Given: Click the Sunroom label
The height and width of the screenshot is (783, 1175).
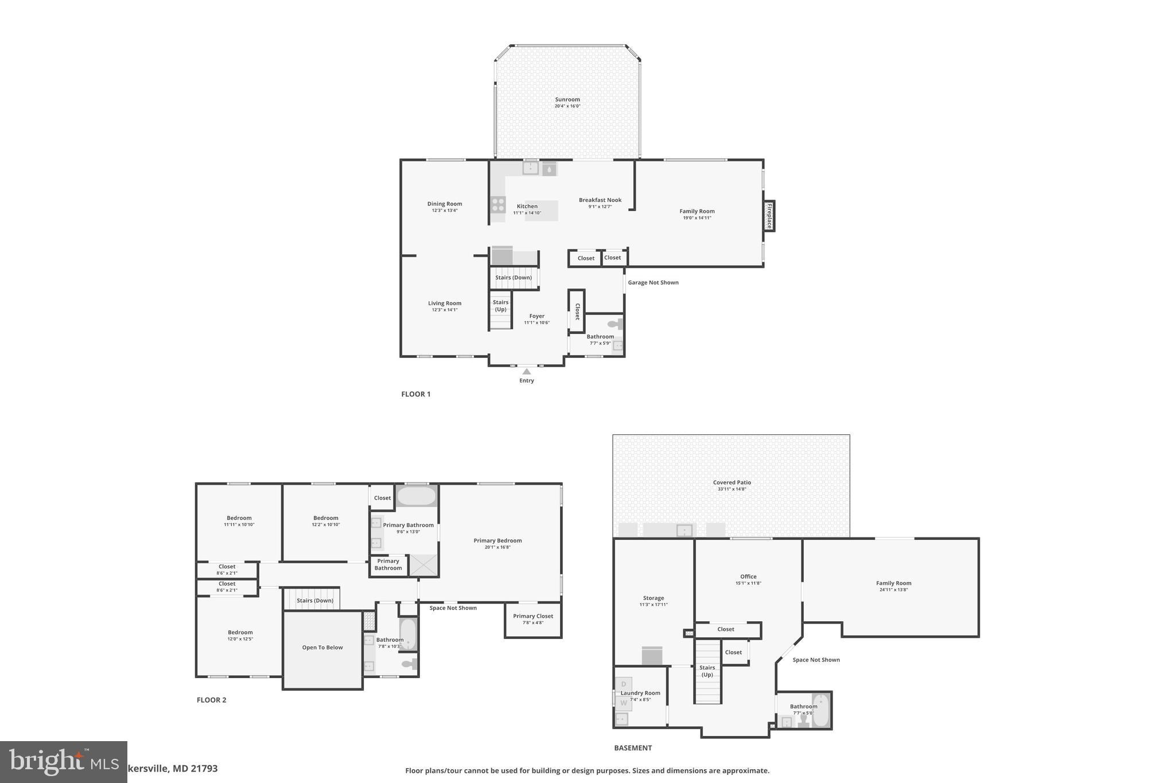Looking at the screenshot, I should (x=567, y=99).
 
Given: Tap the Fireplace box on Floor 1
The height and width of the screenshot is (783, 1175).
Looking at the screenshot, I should (x=769, y=216).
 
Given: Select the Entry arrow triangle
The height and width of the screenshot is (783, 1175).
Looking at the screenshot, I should (x=526, y=372).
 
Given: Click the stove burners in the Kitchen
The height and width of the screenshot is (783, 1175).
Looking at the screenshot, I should (x=498, y=205).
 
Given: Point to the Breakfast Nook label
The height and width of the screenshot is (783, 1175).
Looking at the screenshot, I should (x=600, y=200).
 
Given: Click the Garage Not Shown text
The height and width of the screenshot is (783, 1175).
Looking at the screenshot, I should (x=653, y=282).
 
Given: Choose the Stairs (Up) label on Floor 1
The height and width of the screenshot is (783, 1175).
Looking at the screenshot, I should (x=500, y=306).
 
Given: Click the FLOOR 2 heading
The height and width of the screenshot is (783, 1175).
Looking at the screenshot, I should (x=211, y=700).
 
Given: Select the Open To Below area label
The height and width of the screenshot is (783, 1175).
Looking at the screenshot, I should (x=322, y=648).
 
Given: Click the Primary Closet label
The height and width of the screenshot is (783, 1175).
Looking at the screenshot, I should (x=533, y=616).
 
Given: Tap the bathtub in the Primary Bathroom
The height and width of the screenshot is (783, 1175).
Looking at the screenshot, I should (x=417, y=496).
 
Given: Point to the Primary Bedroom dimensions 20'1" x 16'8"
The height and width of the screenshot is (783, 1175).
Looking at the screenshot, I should (x=497, y=547).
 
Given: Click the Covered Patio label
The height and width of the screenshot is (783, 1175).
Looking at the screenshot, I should (x=732, y=482).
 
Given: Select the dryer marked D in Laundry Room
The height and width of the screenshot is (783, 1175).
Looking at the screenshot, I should (x=624, y=684).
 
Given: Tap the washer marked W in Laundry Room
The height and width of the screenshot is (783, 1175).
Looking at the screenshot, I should (x=624, y=703).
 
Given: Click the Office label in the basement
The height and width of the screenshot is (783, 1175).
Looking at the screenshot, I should (x=748, y=576).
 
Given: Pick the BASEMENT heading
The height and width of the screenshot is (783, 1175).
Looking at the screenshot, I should (x=633, y=748).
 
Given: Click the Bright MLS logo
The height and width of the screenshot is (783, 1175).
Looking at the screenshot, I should (x=63, y=762).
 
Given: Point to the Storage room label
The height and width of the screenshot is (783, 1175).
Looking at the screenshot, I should (x=653, y=598).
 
